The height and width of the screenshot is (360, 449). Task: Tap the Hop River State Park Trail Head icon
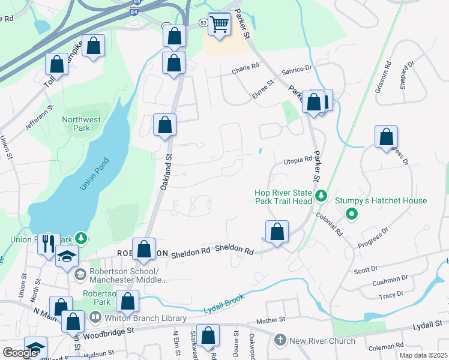point(321,196)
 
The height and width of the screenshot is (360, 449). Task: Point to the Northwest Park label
point(81,124)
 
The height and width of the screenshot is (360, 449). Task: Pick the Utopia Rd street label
point(298,160)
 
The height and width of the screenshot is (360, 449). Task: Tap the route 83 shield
point(204,22)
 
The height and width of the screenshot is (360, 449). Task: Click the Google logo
point(20,353)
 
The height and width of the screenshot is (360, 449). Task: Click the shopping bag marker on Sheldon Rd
point(277,232)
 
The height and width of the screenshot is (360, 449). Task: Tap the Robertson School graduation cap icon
point(67,257)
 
